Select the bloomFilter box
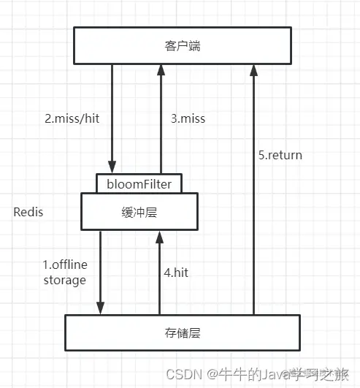(139, 184)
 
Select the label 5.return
(280, 155)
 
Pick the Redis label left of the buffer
(28, 212)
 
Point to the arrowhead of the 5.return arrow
(253, 69)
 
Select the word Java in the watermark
(271, 374)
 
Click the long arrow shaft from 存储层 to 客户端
(253, 219)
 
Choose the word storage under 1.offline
(64, 280)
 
